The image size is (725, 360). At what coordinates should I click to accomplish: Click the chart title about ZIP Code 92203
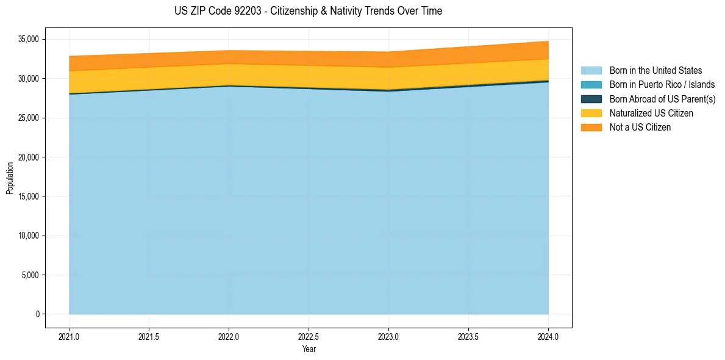[x=308, y=11]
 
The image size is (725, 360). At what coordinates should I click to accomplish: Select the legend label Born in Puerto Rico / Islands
[x=662, y=85]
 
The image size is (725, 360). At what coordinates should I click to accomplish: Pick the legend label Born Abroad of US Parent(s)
[x=662, y=99]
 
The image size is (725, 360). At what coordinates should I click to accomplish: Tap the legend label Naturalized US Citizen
[x=651, y=113]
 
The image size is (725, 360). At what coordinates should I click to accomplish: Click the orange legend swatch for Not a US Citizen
[x=591, y=128]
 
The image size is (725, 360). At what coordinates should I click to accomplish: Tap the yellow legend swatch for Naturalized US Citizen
[x=591, y=113]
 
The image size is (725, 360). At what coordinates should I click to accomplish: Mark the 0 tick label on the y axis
[x=37, y=314]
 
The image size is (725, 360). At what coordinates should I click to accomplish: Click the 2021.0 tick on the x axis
[x=70, y=336]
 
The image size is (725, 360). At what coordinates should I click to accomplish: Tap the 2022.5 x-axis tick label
[x=309, y=336]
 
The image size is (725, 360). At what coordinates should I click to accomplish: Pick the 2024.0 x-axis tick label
[x=548, y=336]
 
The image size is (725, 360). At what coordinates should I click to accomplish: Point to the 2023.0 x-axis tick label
[x=388, y=336]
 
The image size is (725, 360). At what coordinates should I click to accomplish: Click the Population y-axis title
[x=10, y=178]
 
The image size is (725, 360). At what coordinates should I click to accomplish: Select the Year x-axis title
[x=309, y=350]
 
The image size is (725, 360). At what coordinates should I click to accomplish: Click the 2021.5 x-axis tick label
[x=149, y=336]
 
